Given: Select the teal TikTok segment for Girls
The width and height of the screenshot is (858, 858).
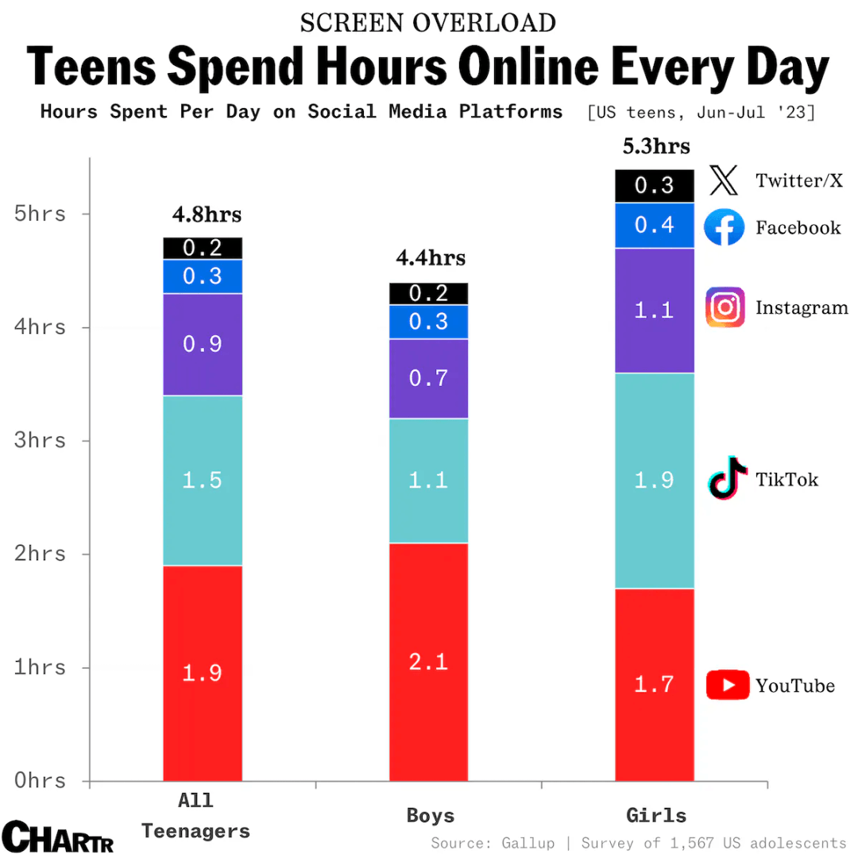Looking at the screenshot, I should (655, 481).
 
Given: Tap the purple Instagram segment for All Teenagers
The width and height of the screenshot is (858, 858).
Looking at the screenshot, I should (203, 344).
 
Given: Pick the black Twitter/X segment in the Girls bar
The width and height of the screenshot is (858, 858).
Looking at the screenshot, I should (655, 186).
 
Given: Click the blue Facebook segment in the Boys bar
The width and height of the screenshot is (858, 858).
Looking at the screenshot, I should (429, 322).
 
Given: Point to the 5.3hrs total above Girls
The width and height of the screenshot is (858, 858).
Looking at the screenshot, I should (656, 147).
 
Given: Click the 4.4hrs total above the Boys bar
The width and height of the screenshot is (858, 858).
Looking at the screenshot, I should (431, 258).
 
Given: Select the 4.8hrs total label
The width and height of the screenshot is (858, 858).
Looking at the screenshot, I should (207, 214).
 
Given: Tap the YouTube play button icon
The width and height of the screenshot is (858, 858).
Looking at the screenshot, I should (727, 685).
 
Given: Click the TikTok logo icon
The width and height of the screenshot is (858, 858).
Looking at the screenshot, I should (727, 478).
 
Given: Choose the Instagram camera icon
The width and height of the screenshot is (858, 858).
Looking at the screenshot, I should (725, 307).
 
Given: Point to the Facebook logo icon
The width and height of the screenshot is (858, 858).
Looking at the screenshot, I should (725, 228).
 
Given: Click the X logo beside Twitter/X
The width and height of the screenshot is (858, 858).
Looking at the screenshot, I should (724, 181).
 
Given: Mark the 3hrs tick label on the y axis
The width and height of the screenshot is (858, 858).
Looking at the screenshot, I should (40, 440).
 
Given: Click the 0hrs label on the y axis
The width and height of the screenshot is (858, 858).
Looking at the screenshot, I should (40, 780).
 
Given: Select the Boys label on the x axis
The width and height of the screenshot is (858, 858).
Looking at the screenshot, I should (431, 816).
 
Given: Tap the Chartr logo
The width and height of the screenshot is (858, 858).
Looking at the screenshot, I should (58, 837).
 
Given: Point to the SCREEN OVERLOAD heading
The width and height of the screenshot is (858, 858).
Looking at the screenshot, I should (428, 23).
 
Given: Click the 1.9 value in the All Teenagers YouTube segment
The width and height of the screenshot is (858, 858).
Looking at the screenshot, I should (202, 673).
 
